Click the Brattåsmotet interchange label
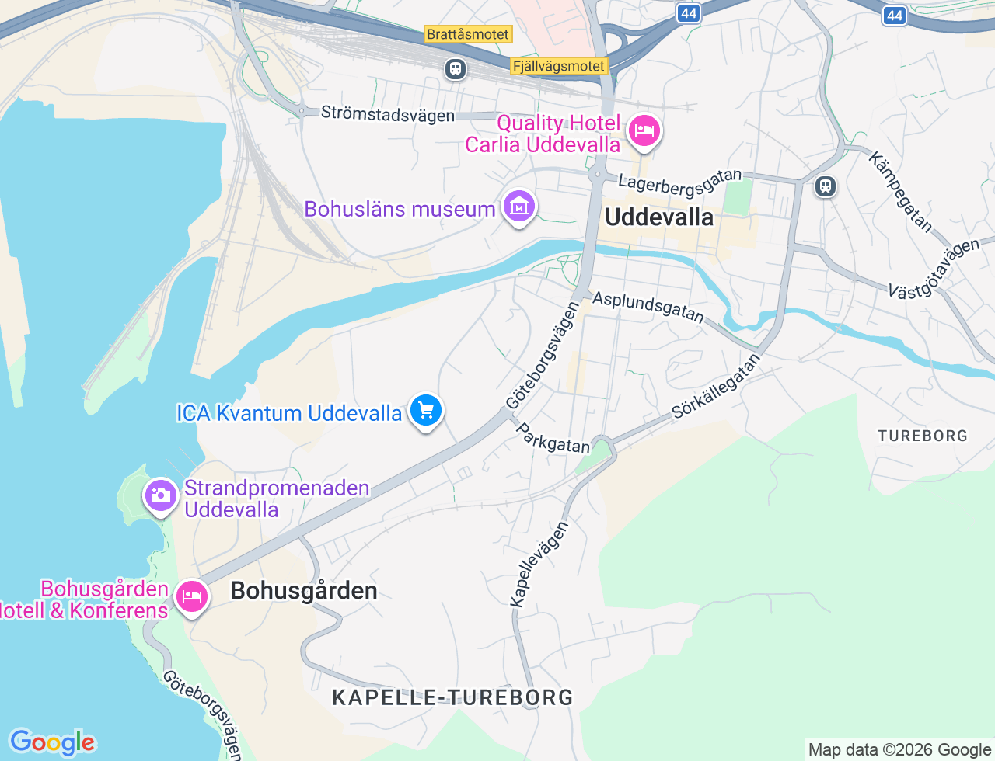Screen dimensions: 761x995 468,34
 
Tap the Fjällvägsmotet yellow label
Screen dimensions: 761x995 559,66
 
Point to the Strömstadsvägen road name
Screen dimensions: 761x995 388,114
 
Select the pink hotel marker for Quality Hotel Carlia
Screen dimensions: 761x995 644,130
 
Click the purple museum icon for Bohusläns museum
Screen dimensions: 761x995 518,207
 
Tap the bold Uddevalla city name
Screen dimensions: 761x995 659,217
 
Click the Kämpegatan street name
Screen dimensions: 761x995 900,193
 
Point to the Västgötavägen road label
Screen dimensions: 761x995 934,269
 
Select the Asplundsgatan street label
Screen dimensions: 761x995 648,307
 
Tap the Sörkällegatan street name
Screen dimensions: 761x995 716,387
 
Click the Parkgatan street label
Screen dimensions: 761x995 553,438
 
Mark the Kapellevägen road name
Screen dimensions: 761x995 539,564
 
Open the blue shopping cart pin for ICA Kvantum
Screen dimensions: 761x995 425,411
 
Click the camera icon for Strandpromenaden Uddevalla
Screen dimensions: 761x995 161,495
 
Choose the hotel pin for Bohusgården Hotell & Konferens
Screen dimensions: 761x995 191,596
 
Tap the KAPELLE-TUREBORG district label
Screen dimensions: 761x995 452,697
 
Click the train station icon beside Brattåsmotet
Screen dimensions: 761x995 456,69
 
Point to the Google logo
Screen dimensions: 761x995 52,742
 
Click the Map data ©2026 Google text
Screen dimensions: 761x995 899,749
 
